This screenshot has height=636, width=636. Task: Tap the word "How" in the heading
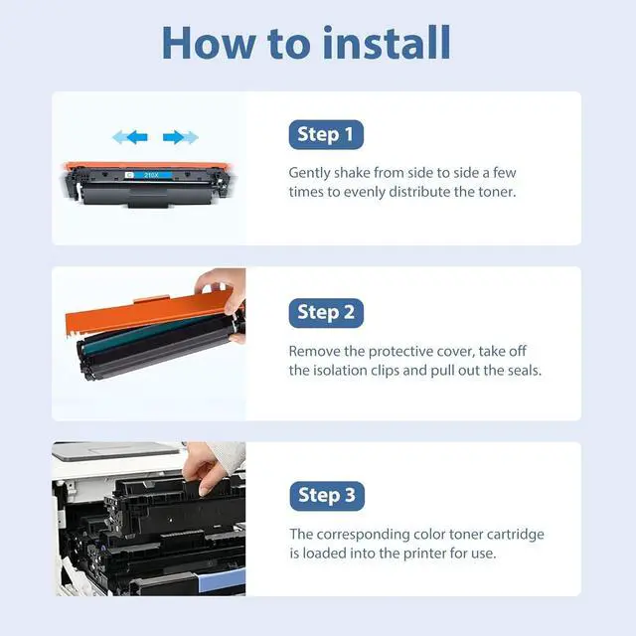click(x=210, y=43)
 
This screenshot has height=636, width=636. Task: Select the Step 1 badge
click(x=326, y=134)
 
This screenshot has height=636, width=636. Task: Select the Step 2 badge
click(x=326, y=313)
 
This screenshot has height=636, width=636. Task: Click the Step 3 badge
click(x=327, y=496)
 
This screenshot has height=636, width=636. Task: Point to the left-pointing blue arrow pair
click(x=130, y=137)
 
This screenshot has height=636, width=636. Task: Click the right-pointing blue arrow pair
click(x=181, y=137)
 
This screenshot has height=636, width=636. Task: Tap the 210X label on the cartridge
click(x=151, y=175)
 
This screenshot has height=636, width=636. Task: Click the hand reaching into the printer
click(x=208, y=466)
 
